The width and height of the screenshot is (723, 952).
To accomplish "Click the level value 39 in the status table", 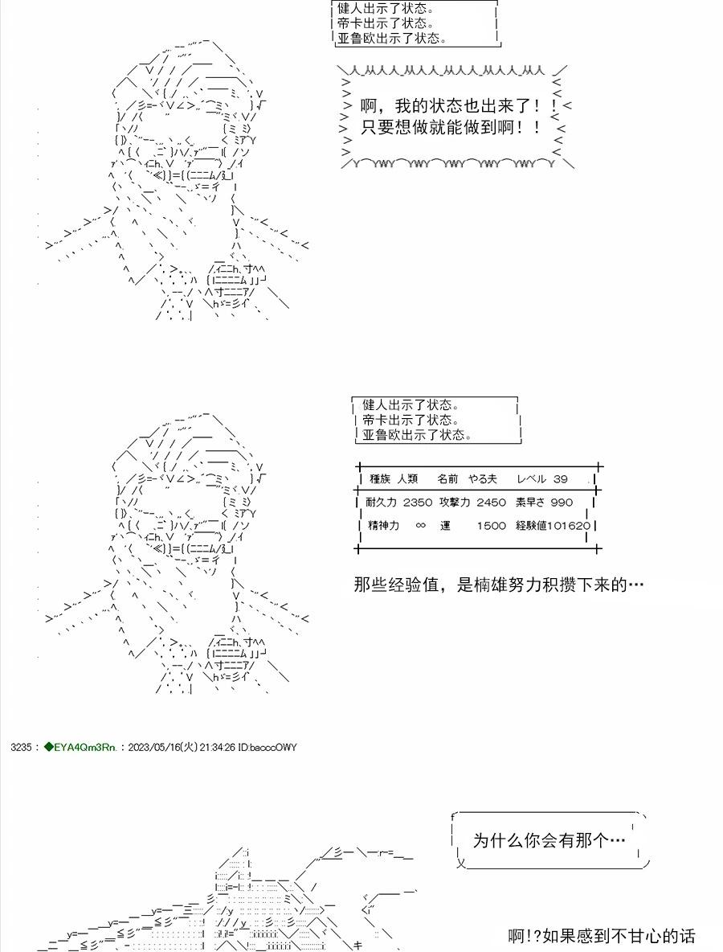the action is tap(560, 479).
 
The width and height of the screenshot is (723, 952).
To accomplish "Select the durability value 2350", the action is tap(417, 502).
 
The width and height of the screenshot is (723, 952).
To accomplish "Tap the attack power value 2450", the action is tap(491, 502).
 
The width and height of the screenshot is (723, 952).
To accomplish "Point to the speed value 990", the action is tap(562, 502).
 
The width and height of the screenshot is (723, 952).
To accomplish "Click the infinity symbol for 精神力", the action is tap(420, 526).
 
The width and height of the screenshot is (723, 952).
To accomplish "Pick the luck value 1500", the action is tap(491, 526).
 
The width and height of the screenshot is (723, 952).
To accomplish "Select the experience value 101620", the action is tap(568, 526).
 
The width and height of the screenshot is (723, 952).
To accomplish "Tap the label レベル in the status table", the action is tap(531, 479).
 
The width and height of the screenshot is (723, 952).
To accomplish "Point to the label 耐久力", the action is tap(382, 502).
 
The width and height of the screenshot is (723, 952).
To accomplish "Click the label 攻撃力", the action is tap(455, 502).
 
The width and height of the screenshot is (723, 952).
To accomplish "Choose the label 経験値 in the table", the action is tap(531, 526).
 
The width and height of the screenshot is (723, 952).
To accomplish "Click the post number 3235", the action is tap(21, 748).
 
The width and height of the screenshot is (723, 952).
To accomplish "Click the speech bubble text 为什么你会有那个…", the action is tap(549, 840).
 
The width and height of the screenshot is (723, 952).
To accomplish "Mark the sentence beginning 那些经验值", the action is tap(499, 585).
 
